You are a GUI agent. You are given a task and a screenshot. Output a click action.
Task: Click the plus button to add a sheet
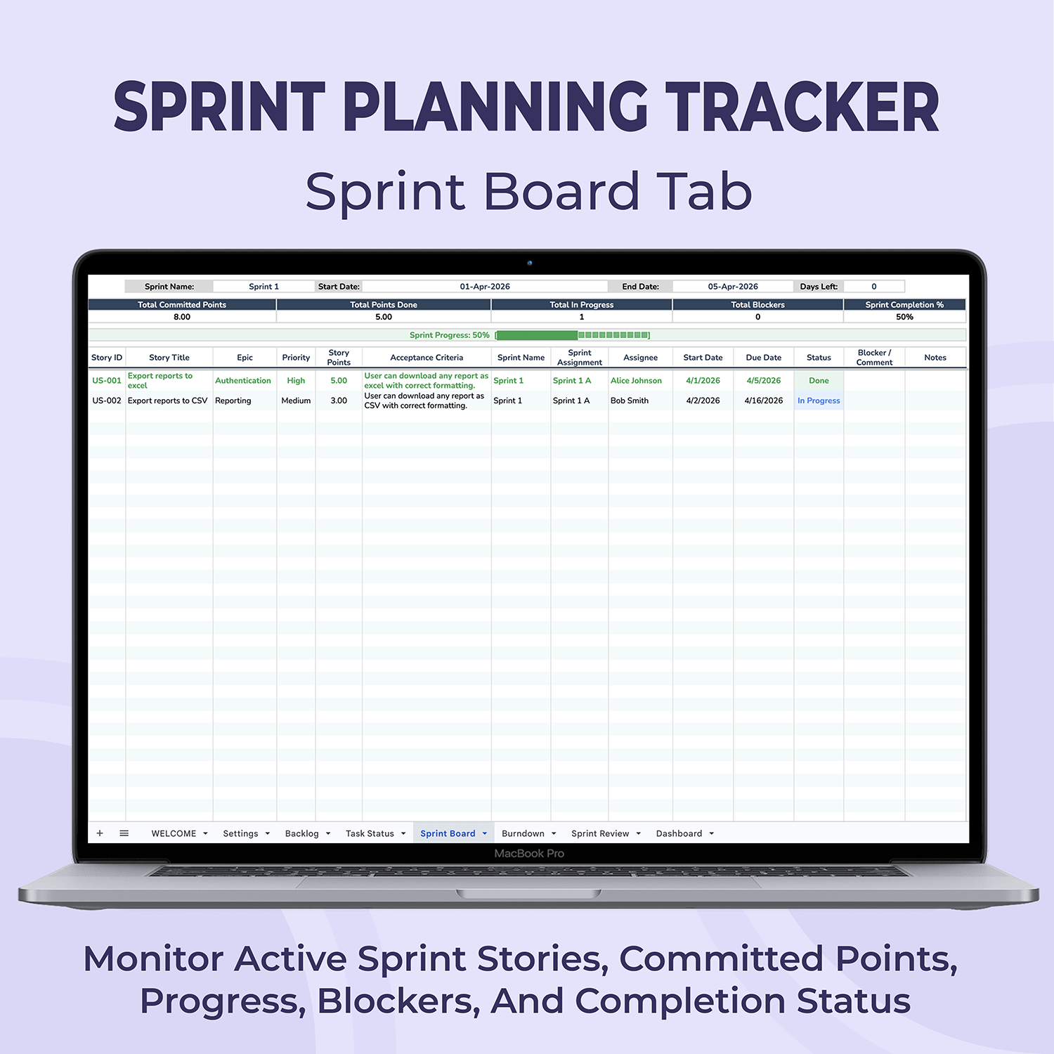click(x=100, y=833)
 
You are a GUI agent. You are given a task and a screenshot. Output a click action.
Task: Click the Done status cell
click(x=819, y=381)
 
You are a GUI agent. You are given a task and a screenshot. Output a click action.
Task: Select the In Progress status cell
click(x=819, y=401)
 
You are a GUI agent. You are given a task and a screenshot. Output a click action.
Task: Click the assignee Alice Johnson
click(x=636, y=381)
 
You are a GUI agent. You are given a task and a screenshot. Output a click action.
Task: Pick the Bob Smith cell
click(x=630, y=401)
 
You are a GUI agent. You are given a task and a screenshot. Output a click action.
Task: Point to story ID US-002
click(x=107, y=401)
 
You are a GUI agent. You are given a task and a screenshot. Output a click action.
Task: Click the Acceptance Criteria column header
click(x=427, y=358)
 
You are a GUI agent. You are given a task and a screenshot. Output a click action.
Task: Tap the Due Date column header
click(x=764, y=358)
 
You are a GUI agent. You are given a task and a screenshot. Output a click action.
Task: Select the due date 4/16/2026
click(x=764, y=401)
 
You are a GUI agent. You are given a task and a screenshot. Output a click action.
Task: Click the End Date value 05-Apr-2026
click(x=733, y=287)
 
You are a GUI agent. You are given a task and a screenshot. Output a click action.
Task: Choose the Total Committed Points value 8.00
click(x=182, y=317)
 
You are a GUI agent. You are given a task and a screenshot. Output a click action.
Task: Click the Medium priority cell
click(x=296, y=401)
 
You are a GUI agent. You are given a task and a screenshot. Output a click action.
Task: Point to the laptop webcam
click(x=530, y=263)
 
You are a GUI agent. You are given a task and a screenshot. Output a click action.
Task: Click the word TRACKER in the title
click(x=802, y=107)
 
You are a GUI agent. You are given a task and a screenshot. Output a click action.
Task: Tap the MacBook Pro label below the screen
click(x=529, y=854)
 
